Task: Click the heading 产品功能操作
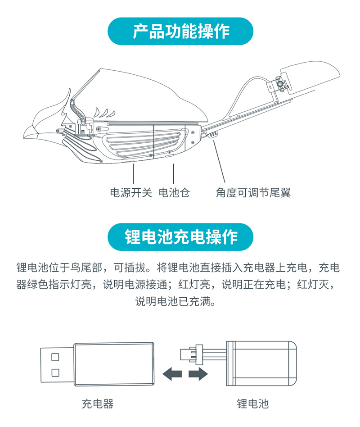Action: [x=181, y=31]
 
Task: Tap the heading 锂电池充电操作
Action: [x=181, y=236]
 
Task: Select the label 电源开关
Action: [x=131, y=192]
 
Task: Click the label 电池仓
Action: [x=174, y=192]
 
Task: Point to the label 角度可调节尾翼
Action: [x=253, y=192]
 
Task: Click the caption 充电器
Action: [x=97, y=404]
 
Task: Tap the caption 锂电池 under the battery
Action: [x=252, y=404]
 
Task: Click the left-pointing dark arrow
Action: [x=172, y=374]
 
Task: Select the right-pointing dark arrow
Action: [x=198, y=374]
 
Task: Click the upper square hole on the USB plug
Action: [x=55, y=357]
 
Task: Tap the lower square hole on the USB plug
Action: [x=55, y=372]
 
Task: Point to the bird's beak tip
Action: [x=24, y=138]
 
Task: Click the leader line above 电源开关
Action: [x=134, y=173]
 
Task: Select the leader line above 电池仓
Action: [x=173, y=173]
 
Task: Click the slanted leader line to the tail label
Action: [x=219, y=161]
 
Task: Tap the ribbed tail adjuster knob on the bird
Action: [x=212, y=134]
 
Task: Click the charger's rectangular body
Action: [x=114, y=363]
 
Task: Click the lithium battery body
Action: [x=261, y=363]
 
